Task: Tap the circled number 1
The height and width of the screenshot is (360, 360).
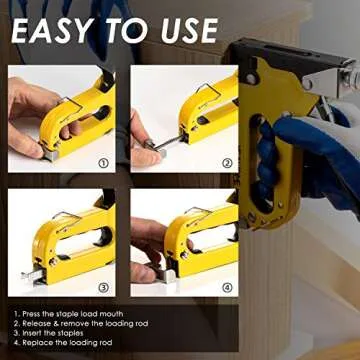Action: (x=104, y=161)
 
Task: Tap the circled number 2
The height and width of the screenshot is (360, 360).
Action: (x=226, y=161)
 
